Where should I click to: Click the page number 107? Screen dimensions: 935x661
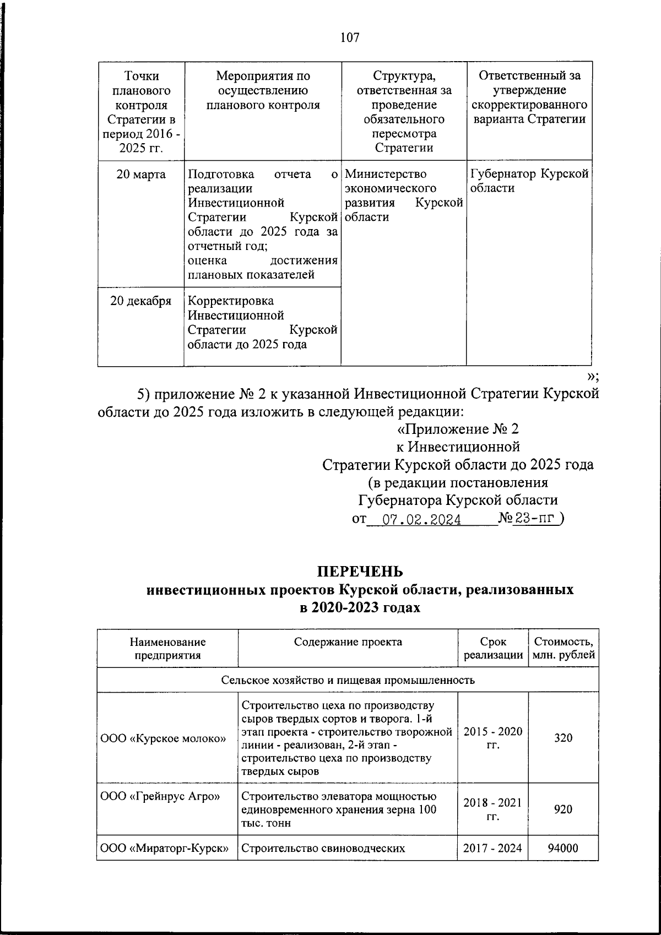350,37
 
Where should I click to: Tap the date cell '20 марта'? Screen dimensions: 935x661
140,175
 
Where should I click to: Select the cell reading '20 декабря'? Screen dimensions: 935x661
140,301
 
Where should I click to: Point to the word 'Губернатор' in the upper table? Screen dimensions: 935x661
502,175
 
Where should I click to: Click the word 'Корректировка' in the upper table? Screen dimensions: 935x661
231,301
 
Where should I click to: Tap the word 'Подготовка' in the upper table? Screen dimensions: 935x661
221,175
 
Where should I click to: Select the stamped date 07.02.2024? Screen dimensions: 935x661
422,519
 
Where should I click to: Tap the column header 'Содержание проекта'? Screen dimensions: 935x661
348,642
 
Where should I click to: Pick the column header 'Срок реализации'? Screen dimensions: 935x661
493,648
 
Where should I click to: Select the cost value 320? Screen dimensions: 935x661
563,737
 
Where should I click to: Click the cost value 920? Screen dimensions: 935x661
563,809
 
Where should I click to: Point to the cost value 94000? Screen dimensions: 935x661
563,848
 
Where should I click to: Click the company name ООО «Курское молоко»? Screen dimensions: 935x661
164,738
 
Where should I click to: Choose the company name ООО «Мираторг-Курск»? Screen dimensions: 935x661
165,848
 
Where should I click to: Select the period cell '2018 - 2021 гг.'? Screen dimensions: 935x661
492,809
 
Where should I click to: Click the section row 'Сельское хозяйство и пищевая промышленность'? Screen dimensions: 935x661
348,679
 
